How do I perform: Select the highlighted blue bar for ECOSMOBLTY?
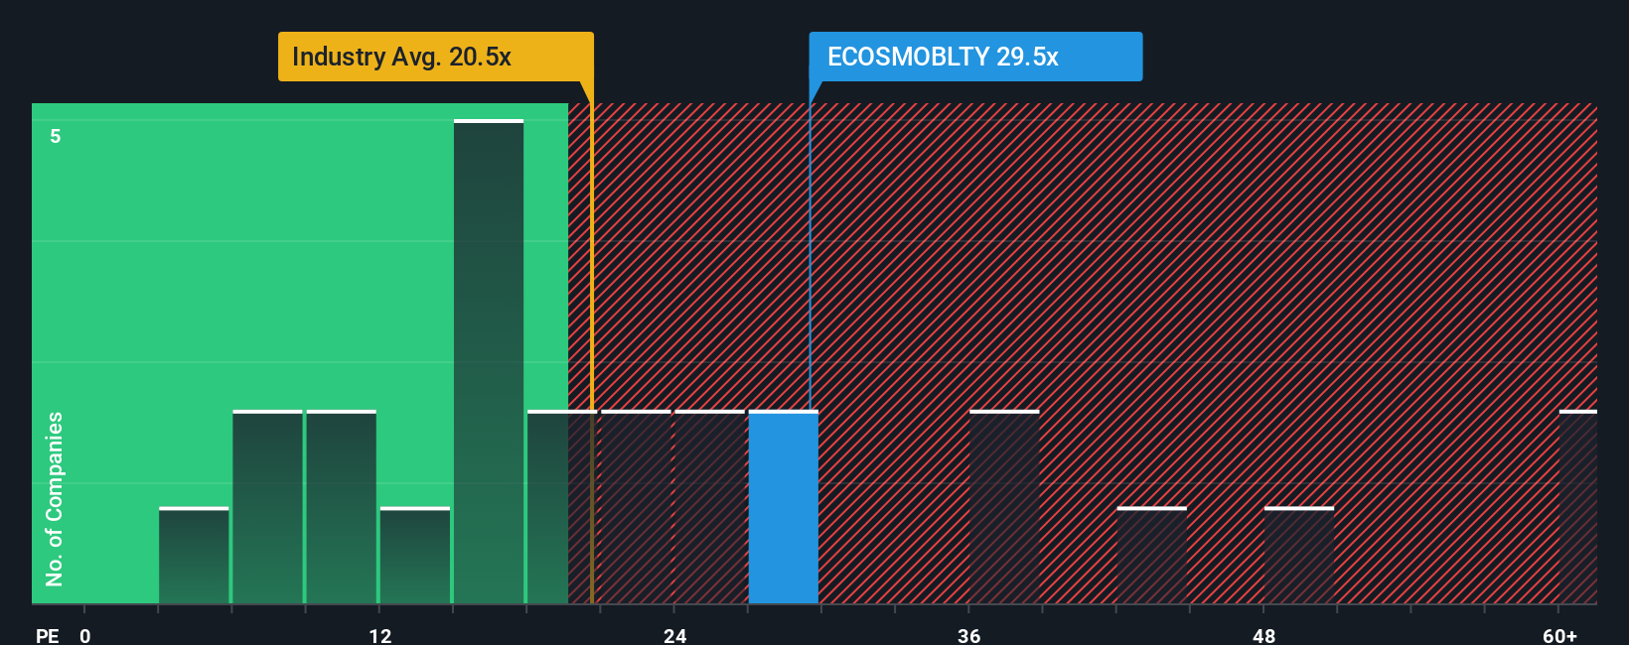click(x=783, y=507)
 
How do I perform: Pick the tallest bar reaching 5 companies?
click(x=489, y=362)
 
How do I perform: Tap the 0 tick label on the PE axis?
click(x=85, y=635)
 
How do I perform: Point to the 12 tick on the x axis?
click(x=379, y=635)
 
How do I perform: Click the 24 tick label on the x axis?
click(x=674, y=635)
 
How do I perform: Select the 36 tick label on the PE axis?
click(x=968, y=635)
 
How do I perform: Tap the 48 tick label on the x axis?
click(x=1263, y=635)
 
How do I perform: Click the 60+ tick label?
click(x=1558, y=635)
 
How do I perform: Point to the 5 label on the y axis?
click(x=56, y=136)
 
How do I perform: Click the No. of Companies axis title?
click(x=55, y=498)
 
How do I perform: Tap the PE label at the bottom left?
click(x=47, y=635)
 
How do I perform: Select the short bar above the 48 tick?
click(x=1298, y=556)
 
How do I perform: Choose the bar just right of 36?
click(x=1004, y=507)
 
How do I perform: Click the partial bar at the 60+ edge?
click(x=1577, y=507)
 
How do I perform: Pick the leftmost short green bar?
click(x=194, y=556)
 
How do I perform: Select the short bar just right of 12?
click(x=415, y=556)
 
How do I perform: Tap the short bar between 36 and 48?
click(x=1151, y=556)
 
